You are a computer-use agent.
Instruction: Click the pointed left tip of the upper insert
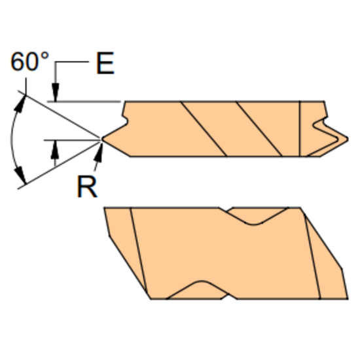103,139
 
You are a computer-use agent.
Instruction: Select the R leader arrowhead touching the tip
99,145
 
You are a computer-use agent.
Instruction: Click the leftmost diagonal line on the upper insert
204,129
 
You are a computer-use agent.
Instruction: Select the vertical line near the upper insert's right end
300,129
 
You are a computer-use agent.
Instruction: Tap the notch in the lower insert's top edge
255,217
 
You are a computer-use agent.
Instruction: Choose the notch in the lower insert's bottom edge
196,290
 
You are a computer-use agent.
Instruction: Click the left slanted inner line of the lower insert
139,252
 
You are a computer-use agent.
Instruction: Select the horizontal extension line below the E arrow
85,101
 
